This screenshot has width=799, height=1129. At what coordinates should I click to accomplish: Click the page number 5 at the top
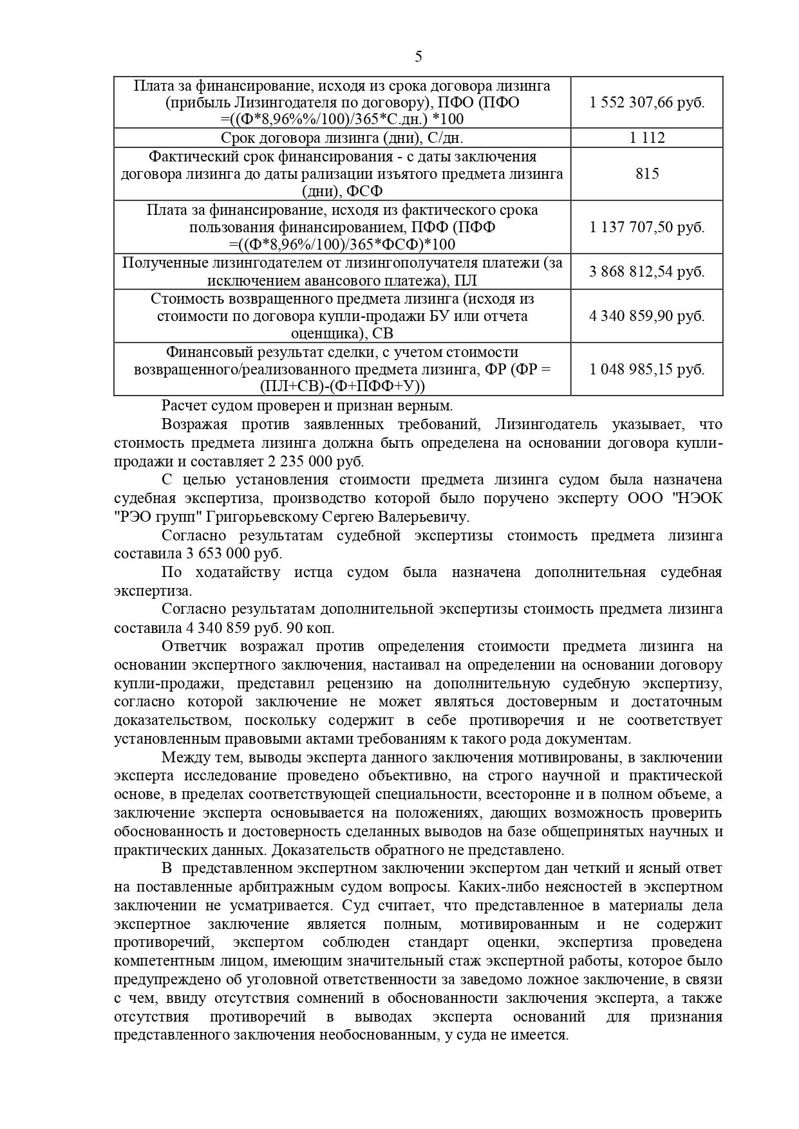coord(418,57)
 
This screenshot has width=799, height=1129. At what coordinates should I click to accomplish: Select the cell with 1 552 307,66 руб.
coord(646,102)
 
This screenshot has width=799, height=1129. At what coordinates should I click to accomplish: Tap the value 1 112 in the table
coord(646,138)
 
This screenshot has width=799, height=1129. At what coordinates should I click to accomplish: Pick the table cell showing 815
coord(646,174)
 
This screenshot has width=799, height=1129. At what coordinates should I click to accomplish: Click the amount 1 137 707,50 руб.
coord(646,227)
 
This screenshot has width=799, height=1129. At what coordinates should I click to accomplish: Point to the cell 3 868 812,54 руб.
coord(646,271)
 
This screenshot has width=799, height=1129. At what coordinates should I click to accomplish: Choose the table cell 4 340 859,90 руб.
coord(646,316)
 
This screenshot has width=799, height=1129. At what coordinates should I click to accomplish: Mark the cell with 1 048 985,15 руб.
coord(646,369)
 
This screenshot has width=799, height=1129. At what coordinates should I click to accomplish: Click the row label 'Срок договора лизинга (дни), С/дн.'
coord(342,138)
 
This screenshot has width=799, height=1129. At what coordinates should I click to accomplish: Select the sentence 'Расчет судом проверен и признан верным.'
coord(307,406)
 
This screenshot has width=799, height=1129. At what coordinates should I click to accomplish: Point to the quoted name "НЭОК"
coord(698,499)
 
